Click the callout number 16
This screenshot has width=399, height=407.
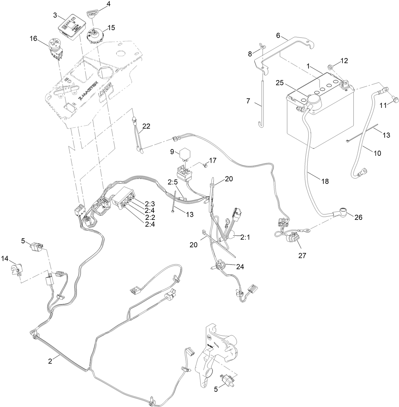click(x=33, y=39)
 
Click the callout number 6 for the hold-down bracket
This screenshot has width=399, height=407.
click(x=278, y=35)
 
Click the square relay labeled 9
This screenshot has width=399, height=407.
click(x=184, y=154)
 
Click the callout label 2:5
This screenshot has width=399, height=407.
click(x=173, y=182)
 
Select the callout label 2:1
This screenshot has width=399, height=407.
click(x=245, y=237)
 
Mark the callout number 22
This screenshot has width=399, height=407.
click(x=146, y=126)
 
